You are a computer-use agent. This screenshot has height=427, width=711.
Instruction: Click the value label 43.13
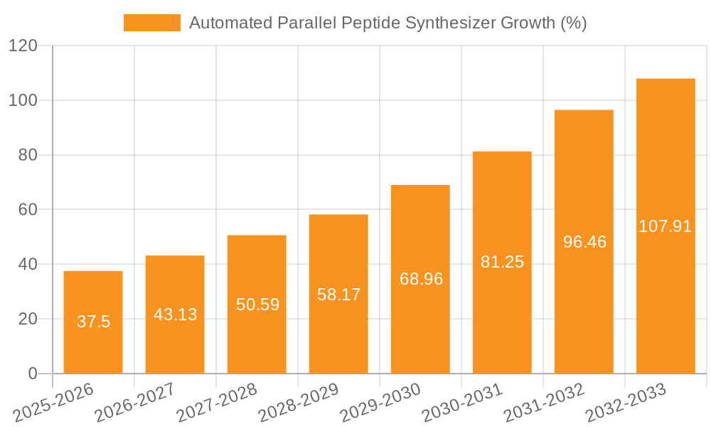[x=175, y=314]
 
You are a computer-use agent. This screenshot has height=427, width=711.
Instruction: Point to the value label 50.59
[x=257, y=305]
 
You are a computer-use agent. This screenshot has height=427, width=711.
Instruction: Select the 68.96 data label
[x=421, y=279]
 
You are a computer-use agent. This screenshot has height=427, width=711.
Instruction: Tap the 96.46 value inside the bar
[x=584, y=242]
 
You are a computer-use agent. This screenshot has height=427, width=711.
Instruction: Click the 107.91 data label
[x=665, y=226]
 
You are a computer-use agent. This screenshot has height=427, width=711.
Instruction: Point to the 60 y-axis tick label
[x=27, y=210]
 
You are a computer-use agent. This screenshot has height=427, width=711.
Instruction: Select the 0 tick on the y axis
[x=32, y=374]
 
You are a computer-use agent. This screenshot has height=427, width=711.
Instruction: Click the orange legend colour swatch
[x=152, y=23]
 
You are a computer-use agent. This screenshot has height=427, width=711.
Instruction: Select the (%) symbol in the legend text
[x=573, y=23]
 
